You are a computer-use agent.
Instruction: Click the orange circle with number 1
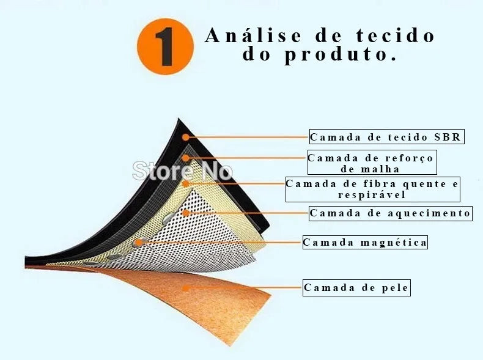(x=166, y=46)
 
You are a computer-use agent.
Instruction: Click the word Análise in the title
(x=253, y=35)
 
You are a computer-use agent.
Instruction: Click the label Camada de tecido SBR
(x=386, y=137)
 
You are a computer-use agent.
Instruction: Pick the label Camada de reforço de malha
(x=372, y=163)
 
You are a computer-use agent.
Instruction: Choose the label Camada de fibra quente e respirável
(x=373, y=189)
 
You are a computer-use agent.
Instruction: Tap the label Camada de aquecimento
(x=391, y=213)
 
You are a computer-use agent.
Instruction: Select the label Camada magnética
(x=365, y=243)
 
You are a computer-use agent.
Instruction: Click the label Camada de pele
(x=356, y=288)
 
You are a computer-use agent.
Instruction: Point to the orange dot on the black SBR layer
(x=185, y=137)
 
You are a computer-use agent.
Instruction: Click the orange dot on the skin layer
(x=185, y=288)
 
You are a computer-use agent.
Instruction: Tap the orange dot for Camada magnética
(x=139, y=243)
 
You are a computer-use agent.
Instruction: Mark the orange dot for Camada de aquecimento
(x=185, y=213)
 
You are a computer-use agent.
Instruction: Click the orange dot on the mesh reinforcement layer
(x=185, y=158)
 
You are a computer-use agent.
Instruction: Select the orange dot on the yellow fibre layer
(x=185, y=184)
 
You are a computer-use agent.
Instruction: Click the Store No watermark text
(x=182, y=171)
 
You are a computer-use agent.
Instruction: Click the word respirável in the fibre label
(x=372, y=195)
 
